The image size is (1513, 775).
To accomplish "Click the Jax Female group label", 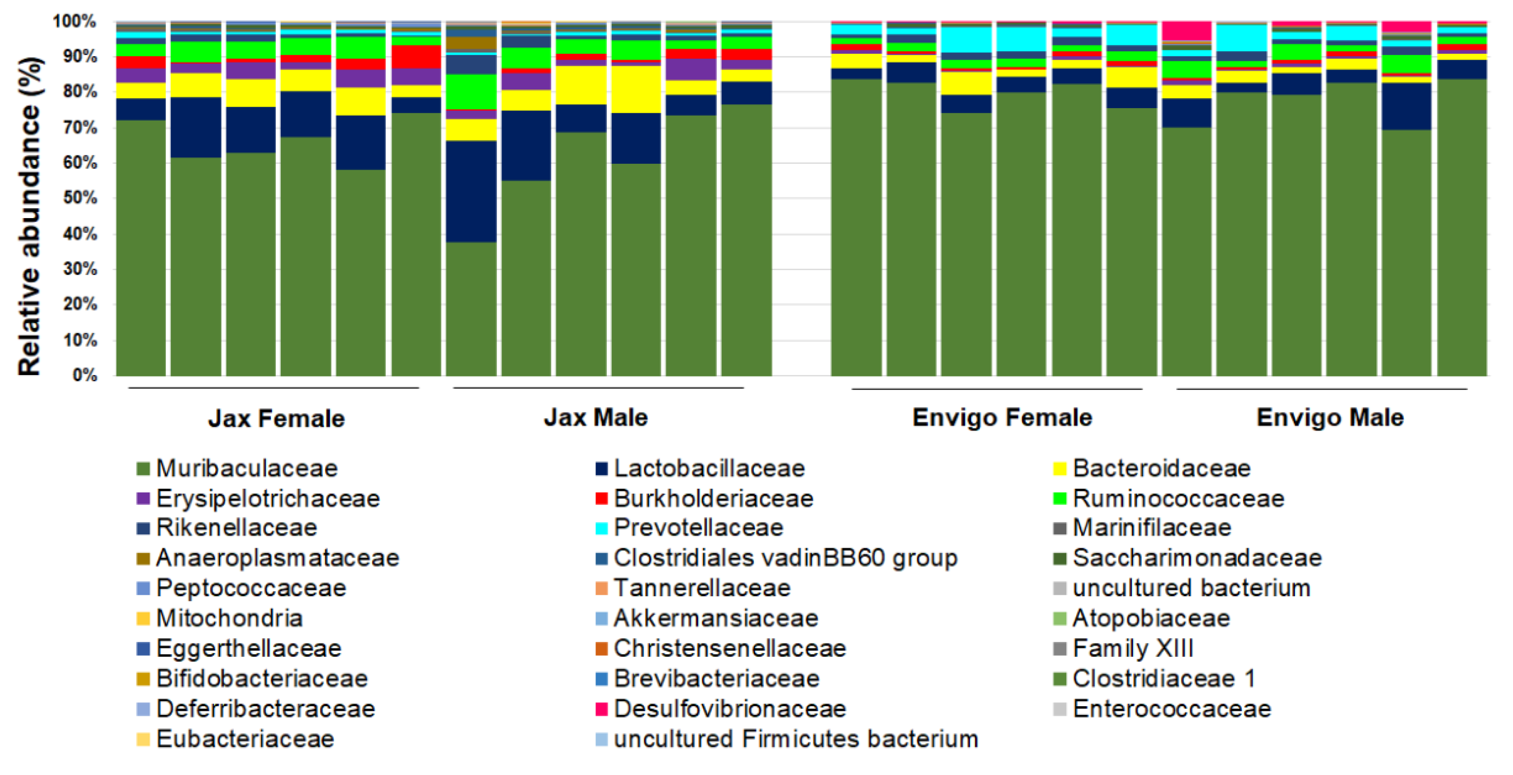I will click(x=276, y=418).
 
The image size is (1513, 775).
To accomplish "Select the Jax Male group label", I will click(x=596, y=417).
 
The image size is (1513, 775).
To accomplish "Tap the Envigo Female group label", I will click(x=1002, y=417).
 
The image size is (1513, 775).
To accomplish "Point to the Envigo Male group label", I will click(x=1330, y=417).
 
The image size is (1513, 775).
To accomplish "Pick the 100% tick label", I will click(x=75, y=21).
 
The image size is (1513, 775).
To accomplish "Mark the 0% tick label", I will click(x=85, y=375).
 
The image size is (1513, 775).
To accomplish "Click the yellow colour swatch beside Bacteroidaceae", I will click(x=1059, y=469).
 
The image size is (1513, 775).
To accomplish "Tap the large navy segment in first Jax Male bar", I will click(x=471, y=191).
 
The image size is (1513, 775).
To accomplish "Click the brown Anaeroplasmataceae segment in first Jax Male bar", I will click(x=471, y=43).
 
